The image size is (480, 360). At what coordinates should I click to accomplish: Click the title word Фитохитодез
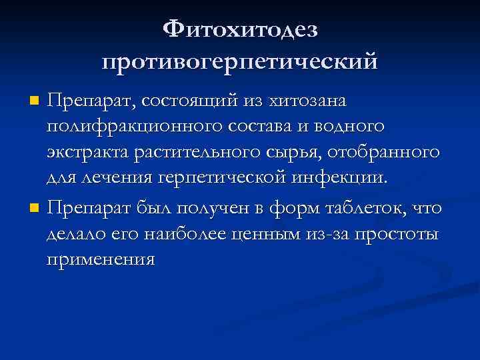(x=240, y=29)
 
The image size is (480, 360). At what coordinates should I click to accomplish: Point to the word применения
(x=101, y=260)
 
